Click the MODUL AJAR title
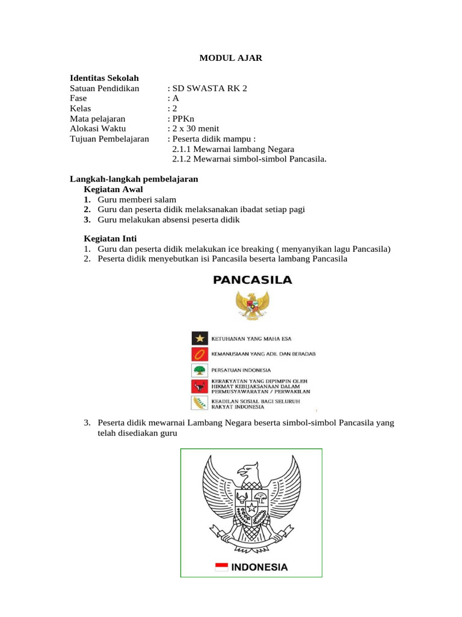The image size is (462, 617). pos(231,58)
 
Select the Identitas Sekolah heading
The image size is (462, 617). pos(104,78)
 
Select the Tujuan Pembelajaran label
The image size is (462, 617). pos(109,139)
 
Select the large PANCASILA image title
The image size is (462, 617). pos(253,280)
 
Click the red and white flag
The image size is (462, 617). pos(221,567)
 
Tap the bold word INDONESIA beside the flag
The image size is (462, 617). pos(259,567)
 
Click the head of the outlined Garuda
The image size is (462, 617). pos(247,471)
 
